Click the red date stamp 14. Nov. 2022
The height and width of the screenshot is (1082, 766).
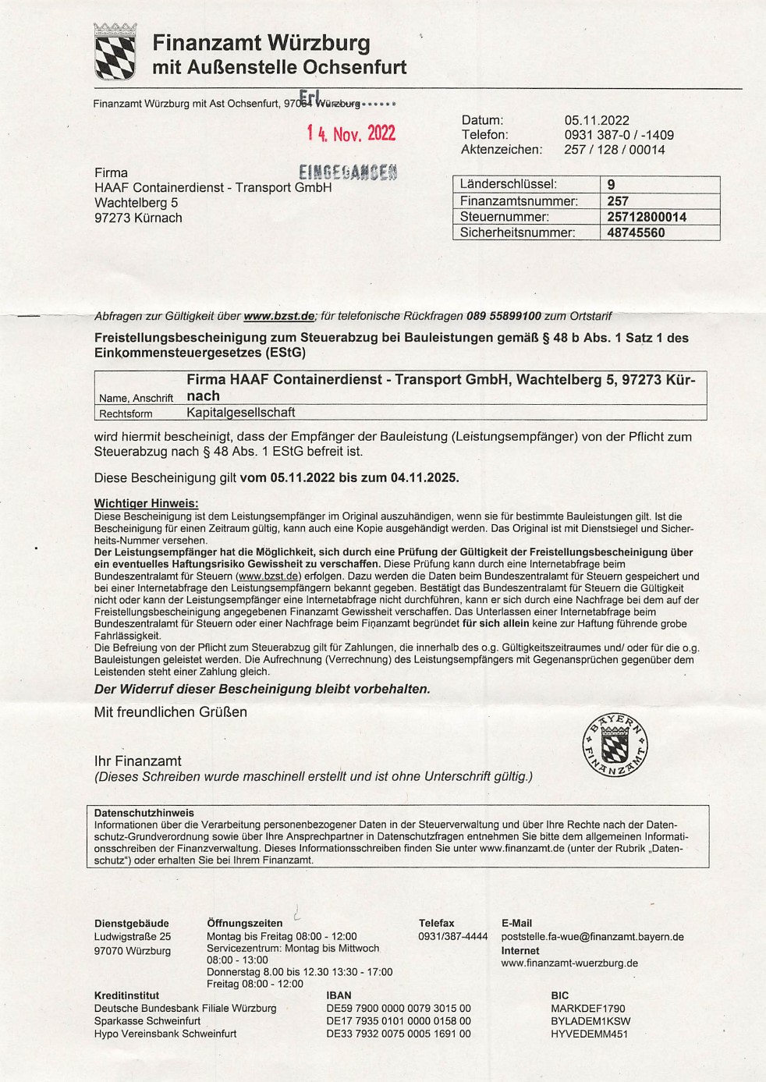351,133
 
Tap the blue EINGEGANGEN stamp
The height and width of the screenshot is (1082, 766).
348,172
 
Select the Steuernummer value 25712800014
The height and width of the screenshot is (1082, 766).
647,217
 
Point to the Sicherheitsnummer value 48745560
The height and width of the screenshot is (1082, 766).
636,232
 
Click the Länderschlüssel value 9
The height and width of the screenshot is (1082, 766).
611,185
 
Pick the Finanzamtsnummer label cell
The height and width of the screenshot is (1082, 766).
519,201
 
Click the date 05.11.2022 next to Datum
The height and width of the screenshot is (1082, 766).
597,120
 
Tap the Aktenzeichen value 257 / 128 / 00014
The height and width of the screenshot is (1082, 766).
615,150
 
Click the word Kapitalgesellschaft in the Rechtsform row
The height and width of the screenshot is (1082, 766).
241,413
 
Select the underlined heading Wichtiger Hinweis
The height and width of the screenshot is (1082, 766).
147,503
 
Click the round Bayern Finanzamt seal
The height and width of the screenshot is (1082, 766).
615,744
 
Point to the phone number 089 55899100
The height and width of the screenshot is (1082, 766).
504,316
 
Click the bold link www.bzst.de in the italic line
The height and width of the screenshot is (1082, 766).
279,316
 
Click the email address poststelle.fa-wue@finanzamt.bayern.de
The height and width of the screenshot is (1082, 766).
592,937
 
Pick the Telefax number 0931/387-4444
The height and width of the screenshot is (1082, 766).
453,937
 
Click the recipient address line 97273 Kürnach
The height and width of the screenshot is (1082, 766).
138,218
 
